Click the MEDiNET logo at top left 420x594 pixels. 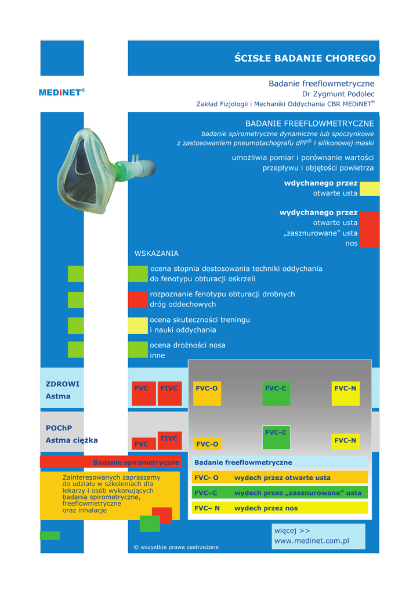pos(61,92)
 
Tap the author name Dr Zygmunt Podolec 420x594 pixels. pos(338,94)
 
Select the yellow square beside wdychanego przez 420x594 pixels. pos(370,189)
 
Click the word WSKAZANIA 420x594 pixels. pos(157,253)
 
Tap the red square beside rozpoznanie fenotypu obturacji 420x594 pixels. pos(138,299)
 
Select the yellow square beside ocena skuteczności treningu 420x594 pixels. pos(138,325)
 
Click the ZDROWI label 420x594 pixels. pos(63,384)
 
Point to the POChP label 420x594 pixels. pos(59,428)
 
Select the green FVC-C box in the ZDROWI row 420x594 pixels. pos(276,393)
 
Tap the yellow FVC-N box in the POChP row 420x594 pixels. pos(345,441)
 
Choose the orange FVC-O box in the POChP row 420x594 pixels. pos(207,444)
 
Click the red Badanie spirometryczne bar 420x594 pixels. pos(111,462)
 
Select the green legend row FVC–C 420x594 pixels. pos(280,493)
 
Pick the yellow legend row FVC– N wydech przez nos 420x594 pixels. pos(280,508)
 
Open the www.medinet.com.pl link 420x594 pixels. pos(312,541)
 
